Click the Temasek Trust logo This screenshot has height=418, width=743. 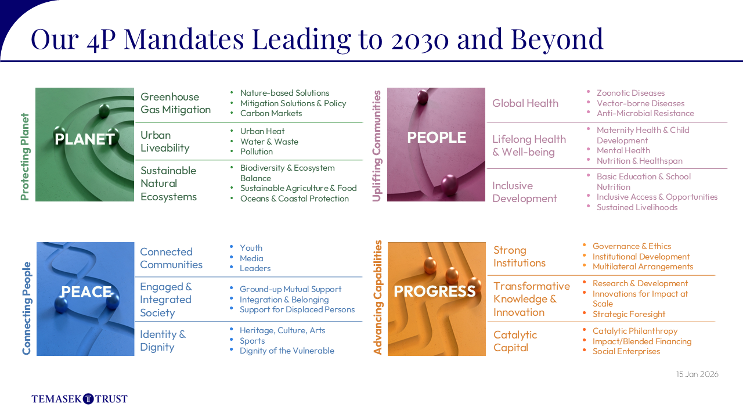(x=80, y=398)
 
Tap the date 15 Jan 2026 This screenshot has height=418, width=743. (x=697, y=374)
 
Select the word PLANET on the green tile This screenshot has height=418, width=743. (x=85, y=139)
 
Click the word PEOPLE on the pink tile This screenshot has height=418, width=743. (x=437, y=138)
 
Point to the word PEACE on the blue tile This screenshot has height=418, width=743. (x=86, y=292)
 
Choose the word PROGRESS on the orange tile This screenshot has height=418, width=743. (x=435, y=291)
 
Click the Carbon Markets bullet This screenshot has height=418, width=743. (x=271, y=113)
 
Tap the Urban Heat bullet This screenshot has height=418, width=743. (x=262, y=131)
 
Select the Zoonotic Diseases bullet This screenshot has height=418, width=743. (x=630, y=93)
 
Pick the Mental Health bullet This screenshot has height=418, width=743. (x=623, y=150)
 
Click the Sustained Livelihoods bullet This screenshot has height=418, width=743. (x=637, y=207)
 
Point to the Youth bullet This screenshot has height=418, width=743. (x=251, y=248)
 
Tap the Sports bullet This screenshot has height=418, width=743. (x=252, y=341)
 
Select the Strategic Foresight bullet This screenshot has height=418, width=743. (x=629, y=314)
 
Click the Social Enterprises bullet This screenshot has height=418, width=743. (x=626, y=351)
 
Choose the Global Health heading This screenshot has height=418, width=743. (x=525, y=103)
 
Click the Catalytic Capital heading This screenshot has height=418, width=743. (x=515, y=341)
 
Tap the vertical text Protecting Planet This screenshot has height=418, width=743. (x=25, y=157)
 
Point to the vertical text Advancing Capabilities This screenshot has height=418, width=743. (x=377, y=298)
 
